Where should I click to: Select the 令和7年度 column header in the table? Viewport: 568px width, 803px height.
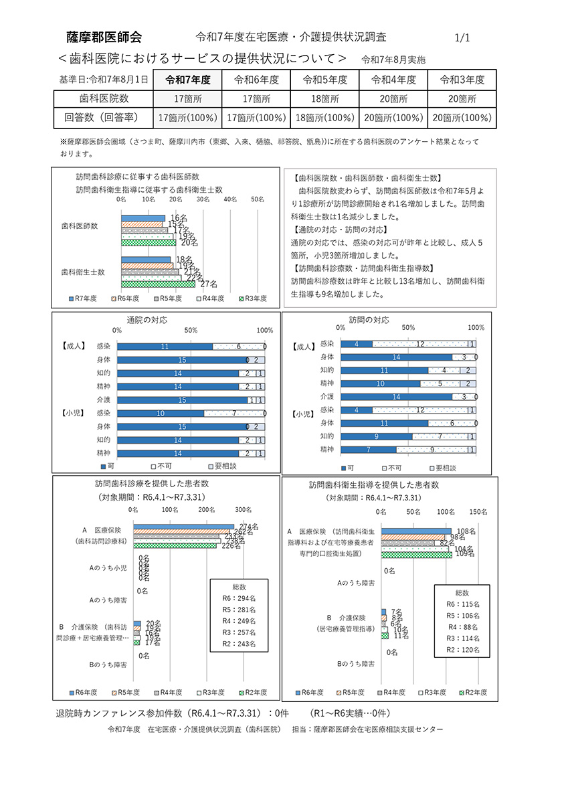(x=188, y=80)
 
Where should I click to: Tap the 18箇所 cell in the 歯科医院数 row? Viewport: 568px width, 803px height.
(x=325, y=99)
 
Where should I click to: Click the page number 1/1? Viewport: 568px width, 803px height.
(x=462, y=38)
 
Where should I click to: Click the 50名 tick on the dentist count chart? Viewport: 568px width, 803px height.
(x=258, y=199)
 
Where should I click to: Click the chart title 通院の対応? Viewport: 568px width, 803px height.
(x=147, y=320)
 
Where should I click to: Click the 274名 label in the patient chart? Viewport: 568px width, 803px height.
(x=248, y=527)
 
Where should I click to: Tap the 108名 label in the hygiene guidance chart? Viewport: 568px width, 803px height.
(x=466, y=531)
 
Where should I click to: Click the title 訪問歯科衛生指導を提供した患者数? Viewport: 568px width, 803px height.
(x=374, y=484)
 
